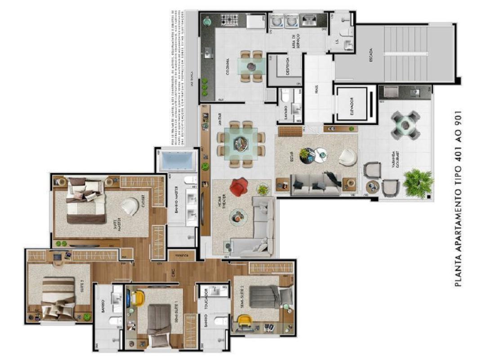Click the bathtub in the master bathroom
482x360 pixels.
tap(176, 160)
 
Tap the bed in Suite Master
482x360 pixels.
tap(83, 201)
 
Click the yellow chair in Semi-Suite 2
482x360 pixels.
tap(245, 320)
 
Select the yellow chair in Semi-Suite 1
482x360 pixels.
tap(137, 298)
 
